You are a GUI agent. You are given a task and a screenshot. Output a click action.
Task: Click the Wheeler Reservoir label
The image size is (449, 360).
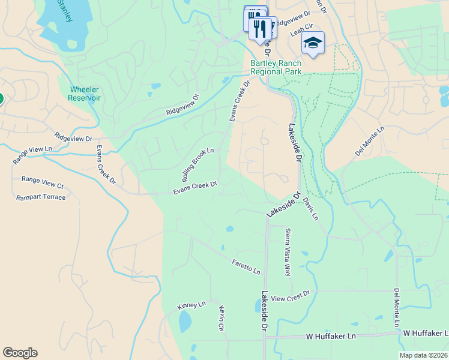point(85,94)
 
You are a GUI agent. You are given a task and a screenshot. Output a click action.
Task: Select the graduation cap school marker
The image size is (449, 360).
point(313,43)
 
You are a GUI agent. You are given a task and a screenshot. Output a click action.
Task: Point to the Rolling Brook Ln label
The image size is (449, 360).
point(197,165)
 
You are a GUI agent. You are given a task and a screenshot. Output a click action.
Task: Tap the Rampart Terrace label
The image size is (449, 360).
point(41,197)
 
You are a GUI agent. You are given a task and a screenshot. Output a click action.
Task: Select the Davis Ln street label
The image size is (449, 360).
point(310,209)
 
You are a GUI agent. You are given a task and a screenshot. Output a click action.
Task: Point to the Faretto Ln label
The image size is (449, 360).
point(246,266)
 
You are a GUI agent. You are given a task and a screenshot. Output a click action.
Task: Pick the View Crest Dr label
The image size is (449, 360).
point(290,295)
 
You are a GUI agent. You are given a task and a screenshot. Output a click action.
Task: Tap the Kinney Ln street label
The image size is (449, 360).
point(191,306)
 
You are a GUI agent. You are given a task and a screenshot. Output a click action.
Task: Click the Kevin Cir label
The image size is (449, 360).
point(221,318)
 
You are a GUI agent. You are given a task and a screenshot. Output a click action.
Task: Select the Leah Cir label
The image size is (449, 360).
point(301,27)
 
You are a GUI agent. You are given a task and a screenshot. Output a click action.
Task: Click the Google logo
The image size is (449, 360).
point(20,352)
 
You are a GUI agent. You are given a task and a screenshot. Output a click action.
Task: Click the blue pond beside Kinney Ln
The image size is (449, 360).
point(185,321)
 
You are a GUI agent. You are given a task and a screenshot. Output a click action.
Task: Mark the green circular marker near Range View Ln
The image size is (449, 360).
point(1,99)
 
